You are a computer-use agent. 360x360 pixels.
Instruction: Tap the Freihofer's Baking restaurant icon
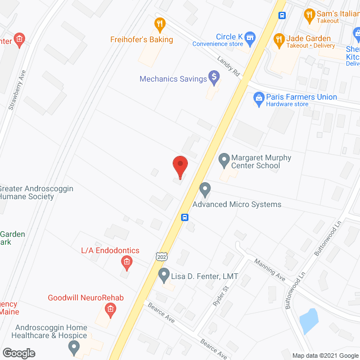tap(160, 24)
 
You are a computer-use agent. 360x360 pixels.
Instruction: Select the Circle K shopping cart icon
tap(250, 37)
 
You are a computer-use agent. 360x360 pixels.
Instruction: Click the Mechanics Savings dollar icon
tap(214, 76)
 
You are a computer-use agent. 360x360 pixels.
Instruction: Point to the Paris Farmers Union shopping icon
tap(259, 101)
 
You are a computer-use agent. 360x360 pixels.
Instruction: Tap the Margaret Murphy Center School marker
tap(224, 161)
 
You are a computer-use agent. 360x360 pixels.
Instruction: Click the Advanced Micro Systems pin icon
tap(205, 190)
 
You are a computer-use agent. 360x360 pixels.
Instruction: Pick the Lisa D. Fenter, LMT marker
tap(164, 276)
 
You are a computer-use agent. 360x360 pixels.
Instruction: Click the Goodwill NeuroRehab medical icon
tap(110, 309)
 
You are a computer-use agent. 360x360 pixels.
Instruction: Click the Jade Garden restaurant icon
tap(278, 39)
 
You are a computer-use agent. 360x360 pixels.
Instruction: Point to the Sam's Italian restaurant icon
tap(309, 13)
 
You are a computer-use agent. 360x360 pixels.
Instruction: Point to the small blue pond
tap(308, 321)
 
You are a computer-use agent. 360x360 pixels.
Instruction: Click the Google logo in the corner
tap(18, 353)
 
